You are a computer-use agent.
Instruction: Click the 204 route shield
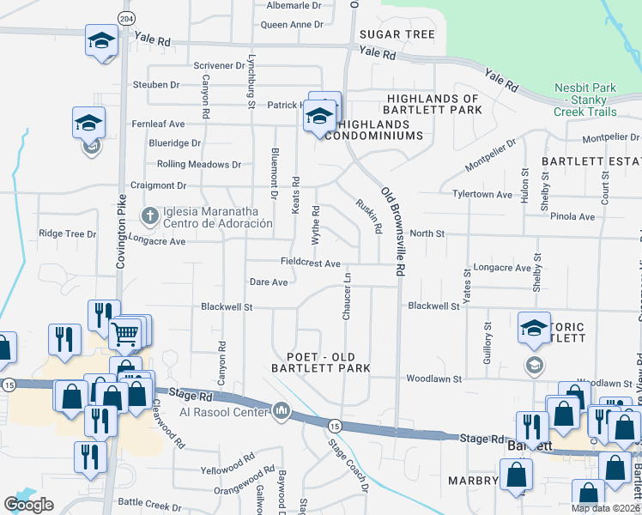127,19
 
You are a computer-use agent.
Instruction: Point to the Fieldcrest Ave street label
311,262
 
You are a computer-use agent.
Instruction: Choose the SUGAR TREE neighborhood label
397,34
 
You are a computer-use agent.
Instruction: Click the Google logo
29,504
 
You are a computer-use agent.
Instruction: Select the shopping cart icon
126,332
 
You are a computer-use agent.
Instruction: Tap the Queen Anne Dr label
290,24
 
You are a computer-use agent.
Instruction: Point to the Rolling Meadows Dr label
199,164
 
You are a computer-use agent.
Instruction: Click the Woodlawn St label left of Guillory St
433,378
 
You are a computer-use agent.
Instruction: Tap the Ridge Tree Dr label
68,233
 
